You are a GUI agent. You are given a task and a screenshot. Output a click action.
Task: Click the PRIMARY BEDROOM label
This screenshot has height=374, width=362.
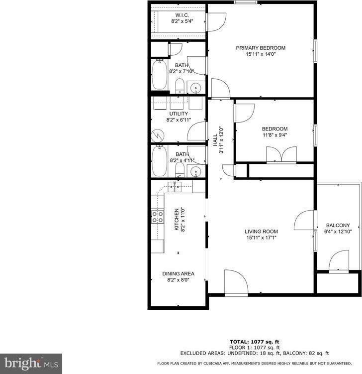coord(261,48)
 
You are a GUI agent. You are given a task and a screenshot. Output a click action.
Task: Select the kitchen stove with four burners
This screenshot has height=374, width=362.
coord(158,217)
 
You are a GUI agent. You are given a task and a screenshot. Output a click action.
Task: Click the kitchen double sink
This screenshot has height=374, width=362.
coord(175,187)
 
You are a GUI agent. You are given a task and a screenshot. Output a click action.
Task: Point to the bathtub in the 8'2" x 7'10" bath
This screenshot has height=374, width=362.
coord(159,75)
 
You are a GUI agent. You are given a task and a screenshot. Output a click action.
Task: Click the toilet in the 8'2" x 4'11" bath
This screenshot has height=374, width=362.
coord(180,170)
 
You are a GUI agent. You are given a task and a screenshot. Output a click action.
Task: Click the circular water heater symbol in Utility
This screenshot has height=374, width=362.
coord(158,136)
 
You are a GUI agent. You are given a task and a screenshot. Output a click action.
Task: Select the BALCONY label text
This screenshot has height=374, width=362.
coord(338,225)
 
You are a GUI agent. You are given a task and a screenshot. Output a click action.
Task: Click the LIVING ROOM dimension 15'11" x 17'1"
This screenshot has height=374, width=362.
coord(261,238)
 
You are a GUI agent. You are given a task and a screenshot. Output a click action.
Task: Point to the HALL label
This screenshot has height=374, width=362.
coord(215,140)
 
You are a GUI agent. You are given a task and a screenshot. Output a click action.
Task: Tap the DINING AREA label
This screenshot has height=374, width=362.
coord(179,273)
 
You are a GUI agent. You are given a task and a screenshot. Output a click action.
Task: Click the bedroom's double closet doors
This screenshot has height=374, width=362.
coord(281,154)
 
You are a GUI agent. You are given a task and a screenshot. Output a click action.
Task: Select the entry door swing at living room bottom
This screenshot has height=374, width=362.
coord(236,283)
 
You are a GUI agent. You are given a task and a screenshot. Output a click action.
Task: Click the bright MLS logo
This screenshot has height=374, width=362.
coord(31,364)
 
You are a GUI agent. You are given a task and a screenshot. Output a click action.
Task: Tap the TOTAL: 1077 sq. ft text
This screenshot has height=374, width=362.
coord(255,342)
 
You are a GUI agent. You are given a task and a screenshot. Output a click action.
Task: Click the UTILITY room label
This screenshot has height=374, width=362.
coord(179,114)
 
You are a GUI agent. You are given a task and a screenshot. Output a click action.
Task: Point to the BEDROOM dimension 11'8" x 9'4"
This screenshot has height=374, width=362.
coord(275,135)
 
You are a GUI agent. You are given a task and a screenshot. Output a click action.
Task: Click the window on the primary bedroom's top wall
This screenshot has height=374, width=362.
coord(246,2)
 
